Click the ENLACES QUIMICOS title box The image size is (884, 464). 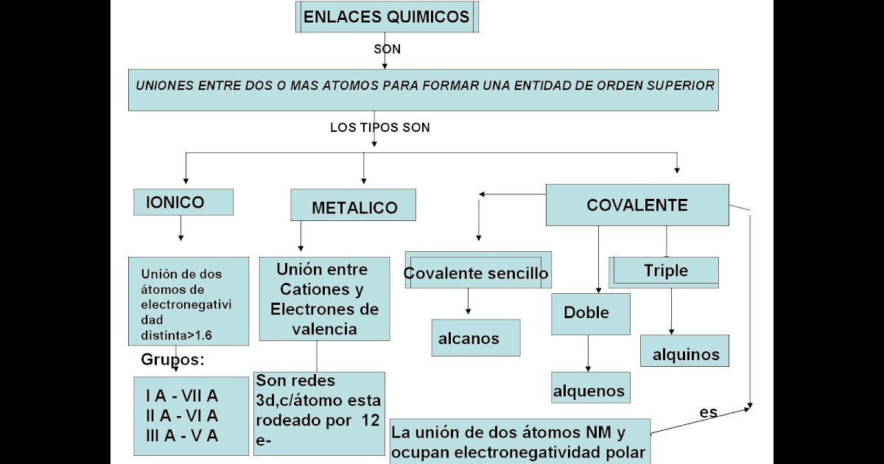[x=387, y=18]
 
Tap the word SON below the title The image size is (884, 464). [x=387, y=50]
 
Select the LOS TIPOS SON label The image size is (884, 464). [x=379, y=127]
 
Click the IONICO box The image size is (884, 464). [x=183, y=202]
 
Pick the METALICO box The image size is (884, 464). [x=354, y=207]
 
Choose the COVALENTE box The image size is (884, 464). [x=637, y=205]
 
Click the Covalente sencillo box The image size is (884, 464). [x=476, y=273]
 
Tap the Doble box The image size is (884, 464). [x=591, y=313]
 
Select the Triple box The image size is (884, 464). [x=665, y=271]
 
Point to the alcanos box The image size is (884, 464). [x=476, y=338]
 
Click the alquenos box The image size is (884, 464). [x=590, y=390]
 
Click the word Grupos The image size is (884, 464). [x=172, y=361]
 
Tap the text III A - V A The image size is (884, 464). [x=182, y=435]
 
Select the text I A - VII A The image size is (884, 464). [x=182, y=396]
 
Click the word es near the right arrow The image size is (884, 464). [x=709, y=412]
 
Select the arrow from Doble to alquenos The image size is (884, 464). [x=588, y=354]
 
